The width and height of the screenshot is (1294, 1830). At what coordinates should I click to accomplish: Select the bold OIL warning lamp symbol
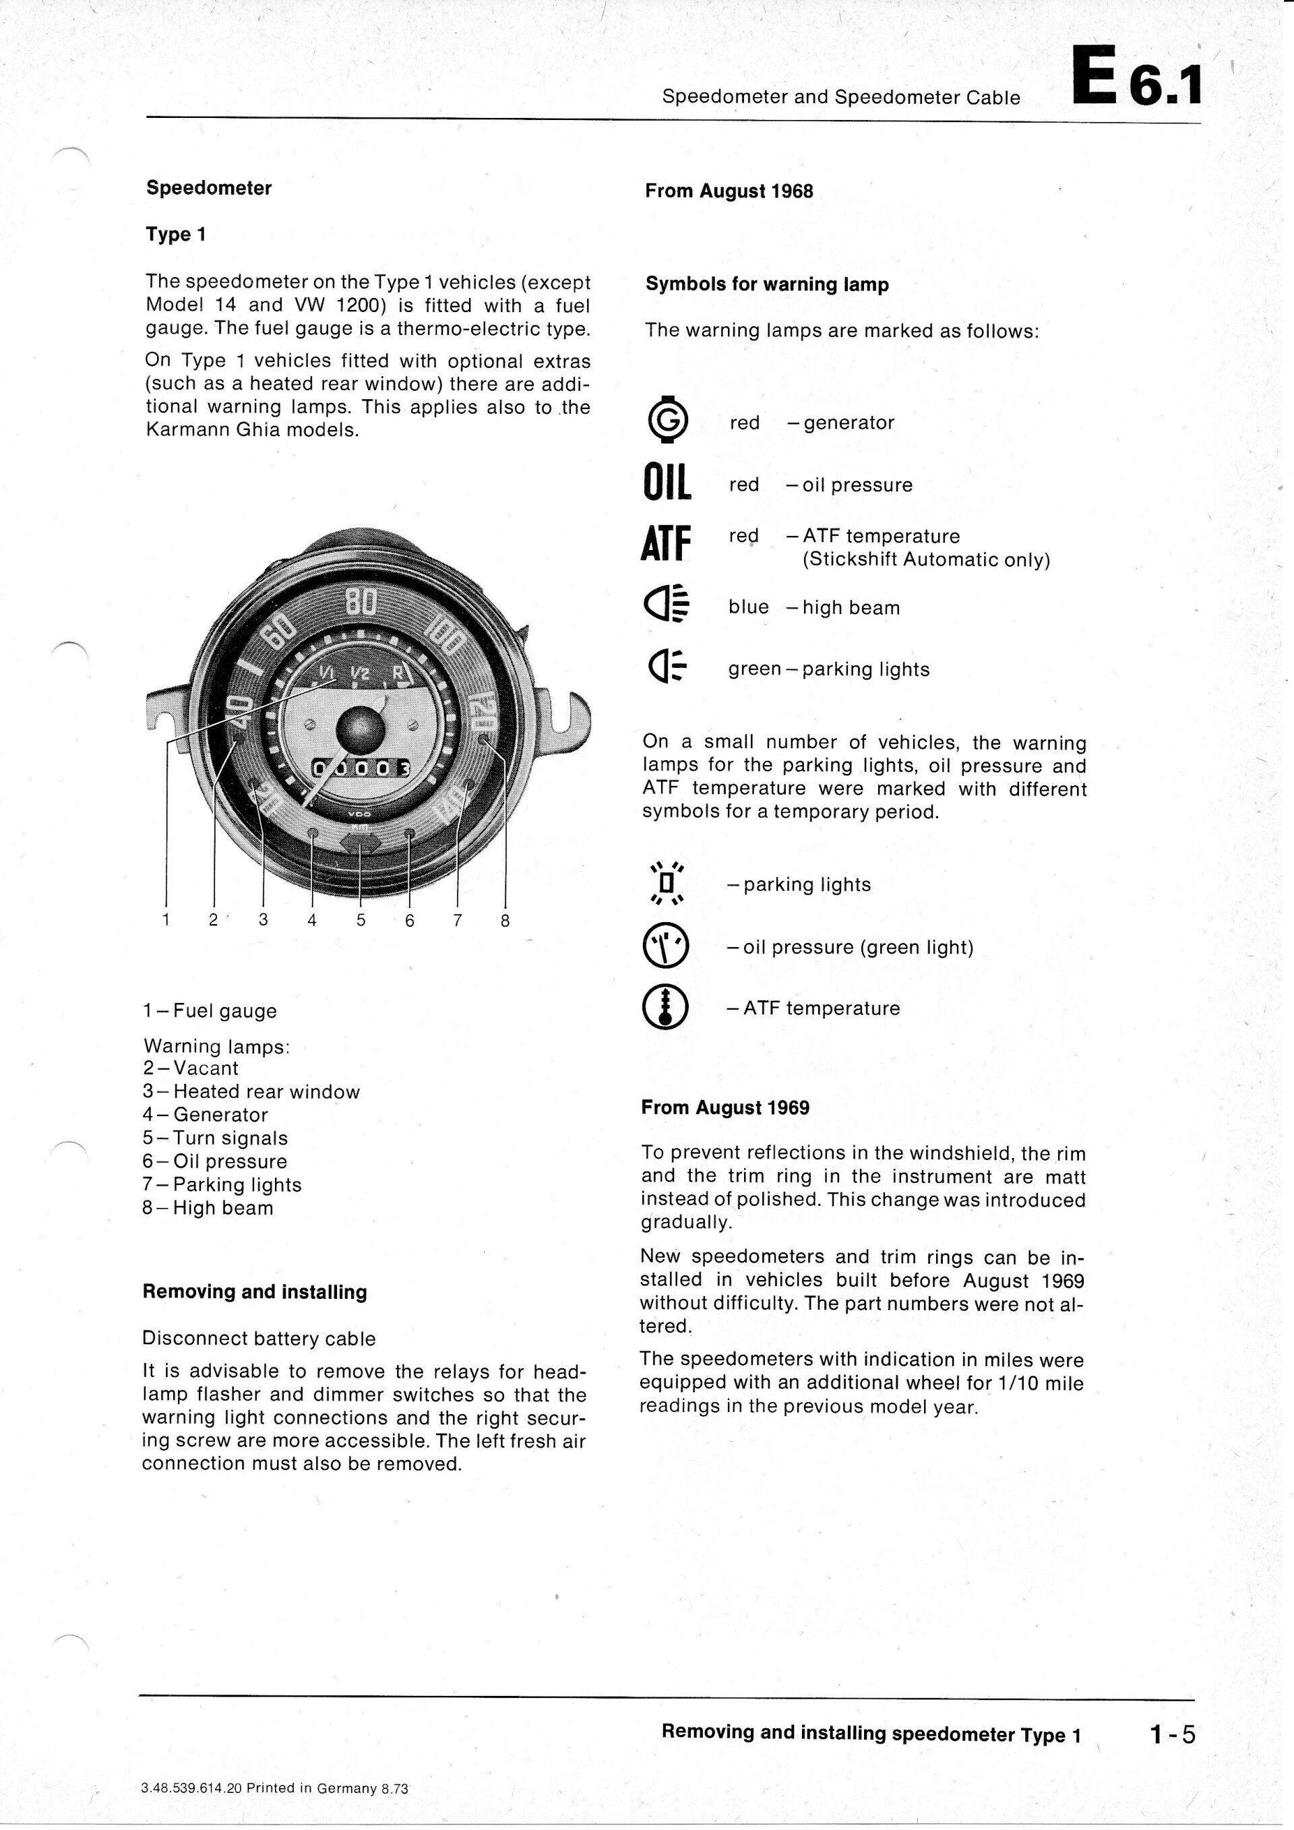click(x=666, y=485)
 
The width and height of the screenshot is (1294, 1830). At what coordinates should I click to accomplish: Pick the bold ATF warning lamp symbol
click(x=665, y=543)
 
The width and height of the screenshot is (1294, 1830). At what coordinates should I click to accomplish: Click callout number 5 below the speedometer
click(x=361, y=921)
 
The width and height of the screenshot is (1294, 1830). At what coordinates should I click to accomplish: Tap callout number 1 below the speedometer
click(x=166, y=920)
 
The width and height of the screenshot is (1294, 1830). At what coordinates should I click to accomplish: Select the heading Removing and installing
click(x=254, y=1292)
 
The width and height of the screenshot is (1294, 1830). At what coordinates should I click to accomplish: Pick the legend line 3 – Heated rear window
click(x=251, y=1092)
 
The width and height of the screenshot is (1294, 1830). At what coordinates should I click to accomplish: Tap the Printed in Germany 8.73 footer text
click(x=274, y=1765)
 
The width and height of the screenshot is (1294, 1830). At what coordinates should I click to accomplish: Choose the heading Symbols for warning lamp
click(x=766, y=284)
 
